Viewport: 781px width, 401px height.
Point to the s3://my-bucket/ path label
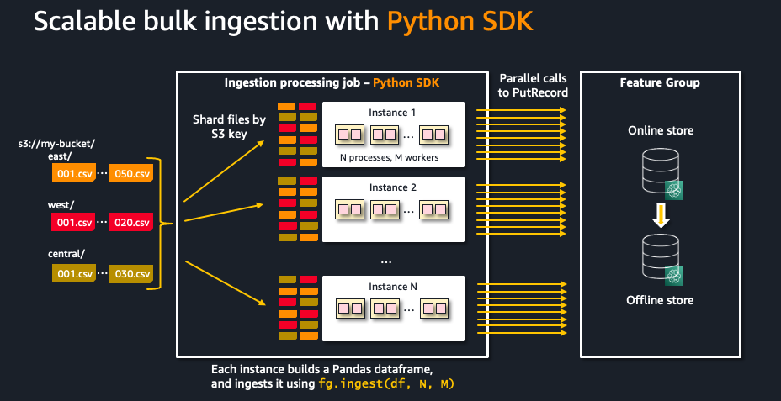(56, 144)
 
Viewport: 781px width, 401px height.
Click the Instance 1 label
(392, 113)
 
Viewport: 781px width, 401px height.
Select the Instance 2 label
(392, 187)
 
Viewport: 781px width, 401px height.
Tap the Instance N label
(392, 287)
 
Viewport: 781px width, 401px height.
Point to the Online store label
(661, 131)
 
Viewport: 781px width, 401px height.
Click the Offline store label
(661, 300)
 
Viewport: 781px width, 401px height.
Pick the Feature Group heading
(660, 83)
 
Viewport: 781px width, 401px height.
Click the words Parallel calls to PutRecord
(533, 85)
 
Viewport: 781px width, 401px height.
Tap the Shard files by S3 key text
(229, 126)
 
